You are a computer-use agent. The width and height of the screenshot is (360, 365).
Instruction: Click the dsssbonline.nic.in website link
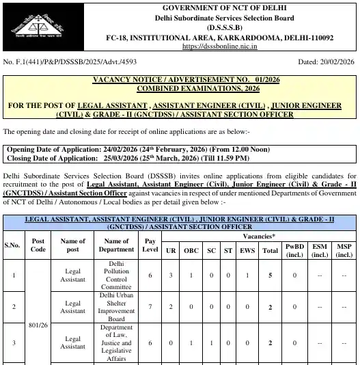coord(219,46)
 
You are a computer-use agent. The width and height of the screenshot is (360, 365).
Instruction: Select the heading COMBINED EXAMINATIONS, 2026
coord(180,89)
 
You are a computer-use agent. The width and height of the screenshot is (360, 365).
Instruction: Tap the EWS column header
coord(247,251)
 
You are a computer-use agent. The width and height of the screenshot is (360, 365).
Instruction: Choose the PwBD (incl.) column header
coord(294,250)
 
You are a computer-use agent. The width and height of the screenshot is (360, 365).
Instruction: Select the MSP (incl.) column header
coord(344,250)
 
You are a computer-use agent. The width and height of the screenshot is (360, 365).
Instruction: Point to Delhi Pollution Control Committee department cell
coord(116,275)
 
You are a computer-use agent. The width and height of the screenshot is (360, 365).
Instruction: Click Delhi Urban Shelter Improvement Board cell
coord(116,307)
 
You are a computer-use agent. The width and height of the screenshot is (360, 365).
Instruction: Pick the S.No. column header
coord(13,245)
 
